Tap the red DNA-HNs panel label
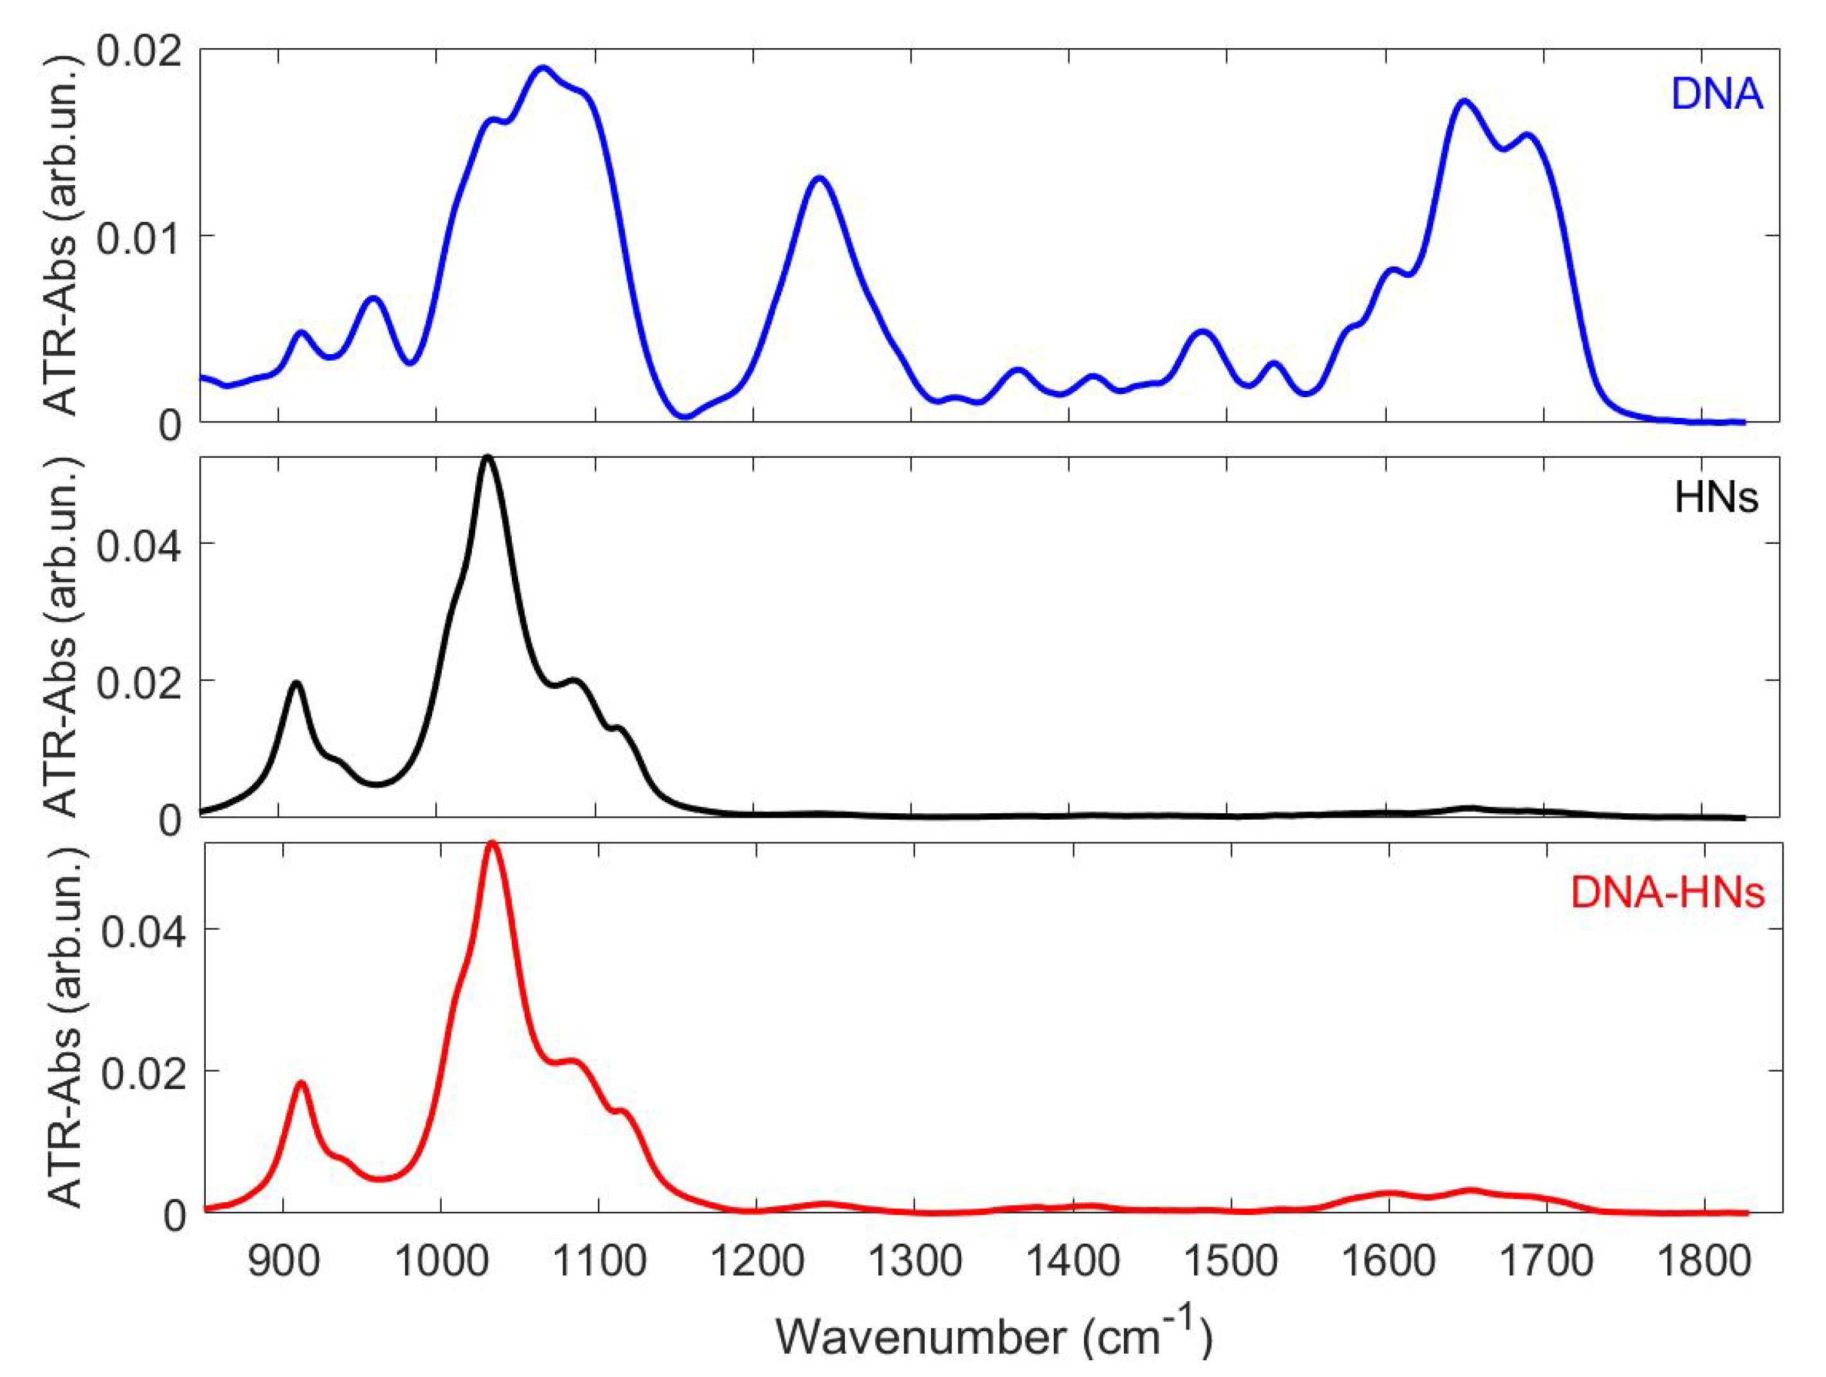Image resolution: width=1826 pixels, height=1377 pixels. tap(1667, 892)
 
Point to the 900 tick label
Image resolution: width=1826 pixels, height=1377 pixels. tap(283, 1261)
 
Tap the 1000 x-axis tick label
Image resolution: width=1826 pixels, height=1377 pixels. tap(441, 1261)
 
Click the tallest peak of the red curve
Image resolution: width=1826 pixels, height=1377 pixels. tap(492, 843)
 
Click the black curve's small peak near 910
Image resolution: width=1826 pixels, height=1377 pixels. tap(296, 683)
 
